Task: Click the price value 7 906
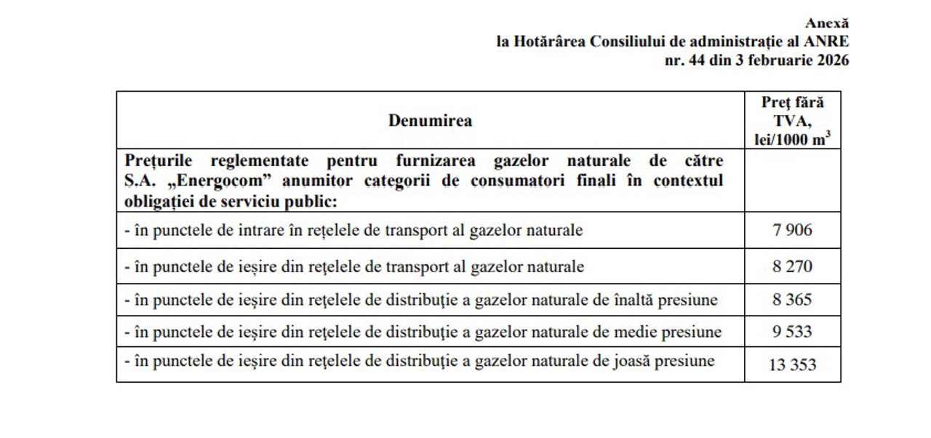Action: click(792, 231)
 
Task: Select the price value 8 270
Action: click(792, 266)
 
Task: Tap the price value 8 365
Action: click(792, 300)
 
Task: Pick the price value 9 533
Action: click(792, 333)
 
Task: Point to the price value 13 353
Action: click(792, 365)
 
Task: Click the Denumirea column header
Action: click(430, 121)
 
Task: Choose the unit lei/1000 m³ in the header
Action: click(792, 139)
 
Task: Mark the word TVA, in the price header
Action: click(792, 121)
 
